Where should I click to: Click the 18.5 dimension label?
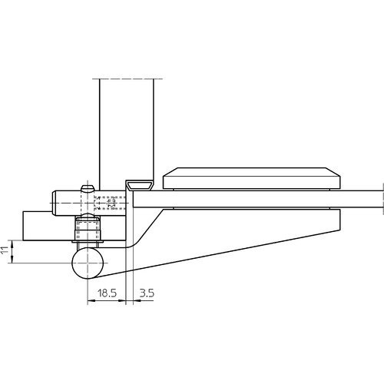[107, 293]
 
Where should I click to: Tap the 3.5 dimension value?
[147, 293]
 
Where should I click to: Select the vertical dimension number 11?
[5, 250]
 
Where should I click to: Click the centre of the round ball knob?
[88, 263]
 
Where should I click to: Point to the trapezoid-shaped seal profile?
[141, 185]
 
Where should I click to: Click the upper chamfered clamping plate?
[252, 178]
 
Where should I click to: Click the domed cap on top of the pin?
[88, 188]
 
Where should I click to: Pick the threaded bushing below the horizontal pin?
[88, 228]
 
